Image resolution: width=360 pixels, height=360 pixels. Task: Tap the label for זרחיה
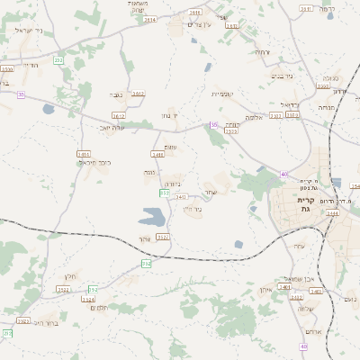pyautogui.click(x=262, y=52)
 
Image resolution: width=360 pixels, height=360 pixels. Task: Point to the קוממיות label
pyautogui.click(x=222, y=94)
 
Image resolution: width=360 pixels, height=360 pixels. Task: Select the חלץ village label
pyautogui.click(x=71, y=276)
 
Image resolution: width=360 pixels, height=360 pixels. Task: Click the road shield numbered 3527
pyautogui.click(x=163, y=237)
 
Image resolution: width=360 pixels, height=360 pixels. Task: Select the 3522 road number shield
pyautogui.click(x=63, y=290)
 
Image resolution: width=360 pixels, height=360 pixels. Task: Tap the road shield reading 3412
pyautogui.click(x=138, y=93)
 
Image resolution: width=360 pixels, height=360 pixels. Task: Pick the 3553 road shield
pyautogui.click(x=231, y=132)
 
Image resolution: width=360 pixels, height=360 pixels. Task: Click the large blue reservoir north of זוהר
pyautogui.click(x=152, y=217)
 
